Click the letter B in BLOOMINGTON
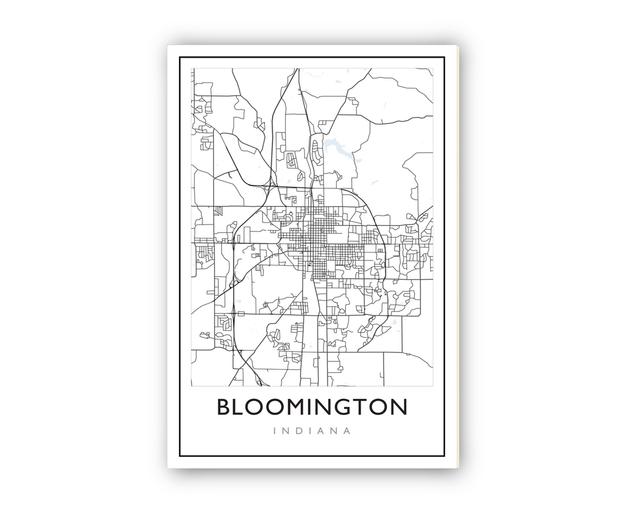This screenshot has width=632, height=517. [x=225, y=407]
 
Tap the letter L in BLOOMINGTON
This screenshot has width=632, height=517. [x=243, y=407]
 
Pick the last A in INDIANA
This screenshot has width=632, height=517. [x=348, y=431]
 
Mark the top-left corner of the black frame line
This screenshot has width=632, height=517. [x=180, y=58]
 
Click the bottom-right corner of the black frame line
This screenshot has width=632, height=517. [x=444, y=456]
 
